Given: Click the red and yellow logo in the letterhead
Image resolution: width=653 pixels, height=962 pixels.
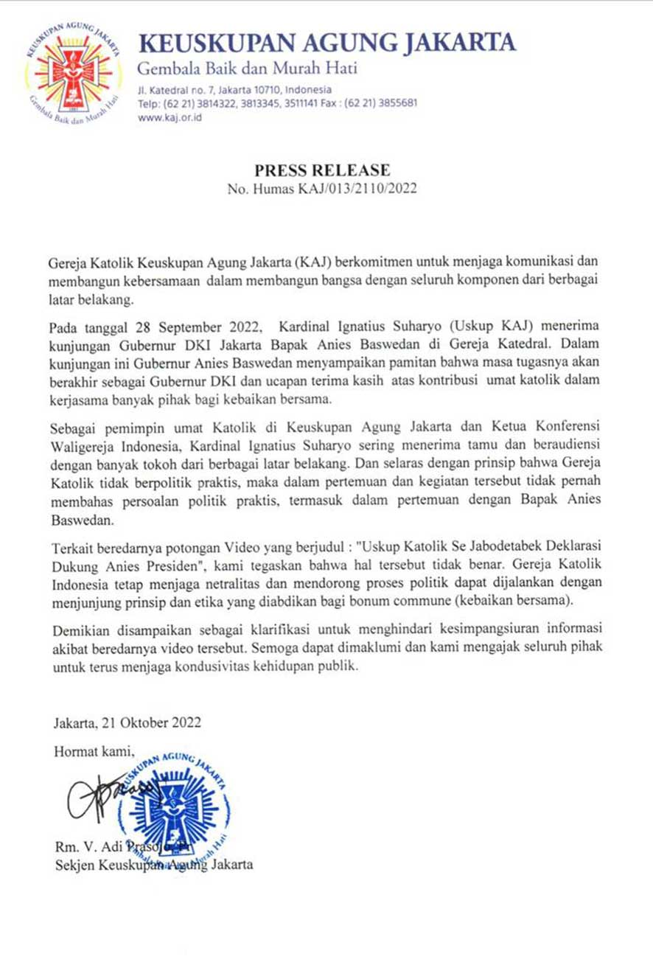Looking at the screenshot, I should [72, 78].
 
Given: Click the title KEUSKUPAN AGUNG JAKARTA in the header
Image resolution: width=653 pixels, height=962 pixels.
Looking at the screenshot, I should [327, 43].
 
